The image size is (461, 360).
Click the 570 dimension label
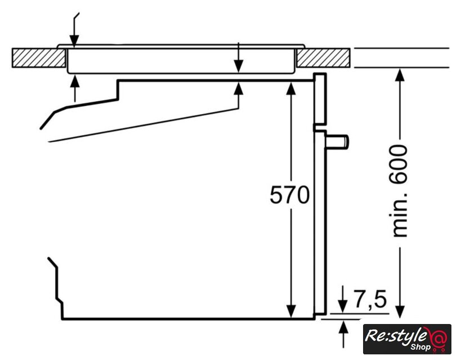(289, 194)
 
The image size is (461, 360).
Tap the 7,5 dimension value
(370, 299)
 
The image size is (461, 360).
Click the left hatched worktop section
(39, 58)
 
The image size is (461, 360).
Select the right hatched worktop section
(323, 58)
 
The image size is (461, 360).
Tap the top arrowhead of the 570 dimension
(291, 88)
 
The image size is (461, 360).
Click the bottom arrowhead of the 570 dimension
(291, 312)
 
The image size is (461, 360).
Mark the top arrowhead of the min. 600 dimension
(400, 75)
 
